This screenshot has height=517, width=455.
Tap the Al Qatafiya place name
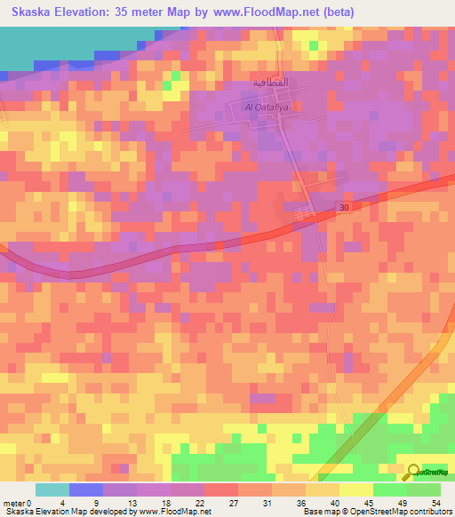[x=267, y=107]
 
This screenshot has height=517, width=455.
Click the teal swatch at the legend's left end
[x=52, y=489]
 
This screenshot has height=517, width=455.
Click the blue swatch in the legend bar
[x=86, y=489]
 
